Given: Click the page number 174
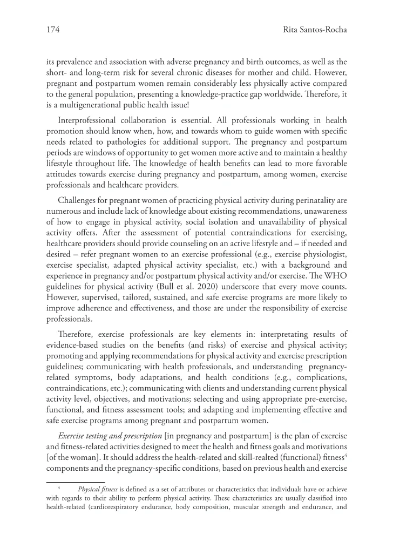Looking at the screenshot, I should [x=53, y=30].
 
